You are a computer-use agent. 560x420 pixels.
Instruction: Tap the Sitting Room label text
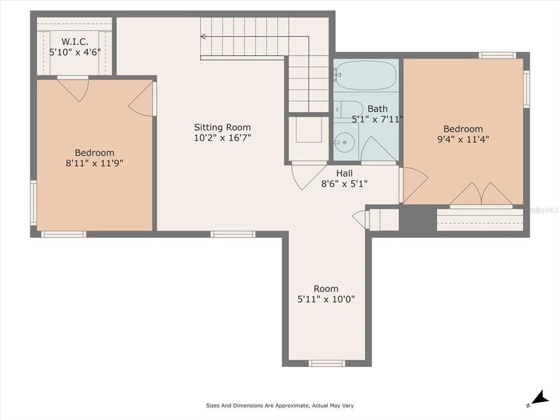tap(222, 127)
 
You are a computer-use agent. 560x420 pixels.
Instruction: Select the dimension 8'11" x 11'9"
tap(94, 163)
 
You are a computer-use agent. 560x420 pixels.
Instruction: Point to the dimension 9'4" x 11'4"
tap(463, 139)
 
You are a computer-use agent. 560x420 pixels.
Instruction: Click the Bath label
tap(377, 108)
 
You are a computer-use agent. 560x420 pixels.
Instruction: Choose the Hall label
tap(344, 173)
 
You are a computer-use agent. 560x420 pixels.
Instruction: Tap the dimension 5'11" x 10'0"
tap(325, 299)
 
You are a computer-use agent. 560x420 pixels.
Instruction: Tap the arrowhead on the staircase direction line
tap(203, 36)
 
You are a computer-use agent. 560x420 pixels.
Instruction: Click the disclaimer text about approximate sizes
tap(279, 405)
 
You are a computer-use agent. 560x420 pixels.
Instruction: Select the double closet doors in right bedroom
tap(481, 194)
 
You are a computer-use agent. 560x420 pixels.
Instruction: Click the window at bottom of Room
tap(326, 363)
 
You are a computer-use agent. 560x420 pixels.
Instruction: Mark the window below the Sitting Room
tap(233, 234)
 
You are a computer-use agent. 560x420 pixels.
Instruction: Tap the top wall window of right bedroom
tap(497, 55)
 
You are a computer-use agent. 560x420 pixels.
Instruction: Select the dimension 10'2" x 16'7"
tap(222, 138)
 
